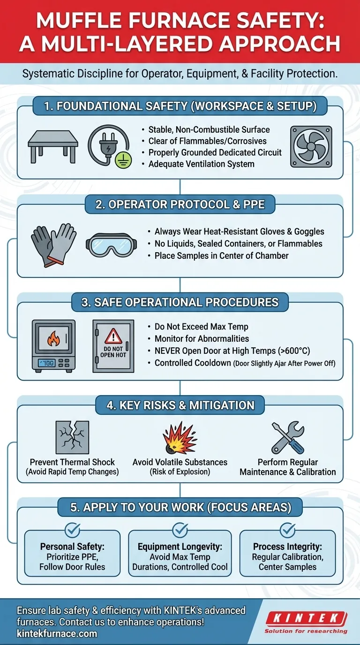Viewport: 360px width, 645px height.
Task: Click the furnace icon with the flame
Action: [x=53, y=345]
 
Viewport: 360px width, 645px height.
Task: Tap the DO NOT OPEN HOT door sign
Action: [x=113, y=345]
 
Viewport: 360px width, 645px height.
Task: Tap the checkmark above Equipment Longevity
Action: [x=180, y=530]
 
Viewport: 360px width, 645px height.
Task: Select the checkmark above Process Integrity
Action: [x=287, y=530]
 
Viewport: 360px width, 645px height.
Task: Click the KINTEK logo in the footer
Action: [x=306, y=622]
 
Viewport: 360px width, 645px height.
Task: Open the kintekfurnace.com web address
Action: [x=57, y=634]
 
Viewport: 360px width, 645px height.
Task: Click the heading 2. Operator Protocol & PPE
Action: [x=180, y=205]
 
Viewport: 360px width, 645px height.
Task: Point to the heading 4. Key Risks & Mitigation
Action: [x=180, y=405]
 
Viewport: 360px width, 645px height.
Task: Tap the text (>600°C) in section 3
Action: [x=292, y=351]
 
